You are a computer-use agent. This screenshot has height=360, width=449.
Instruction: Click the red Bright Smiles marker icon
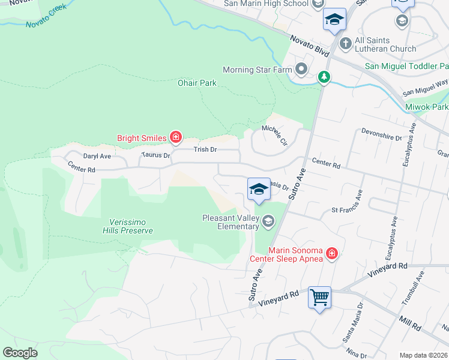coord(175,138)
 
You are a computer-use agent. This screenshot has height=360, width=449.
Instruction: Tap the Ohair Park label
coord(197,83)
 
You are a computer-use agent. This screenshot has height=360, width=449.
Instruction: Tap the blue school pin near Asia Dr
coord(259,189)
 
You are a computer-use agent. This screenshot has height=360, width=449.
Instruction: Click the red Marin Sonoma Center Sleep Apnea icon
coord(331,255)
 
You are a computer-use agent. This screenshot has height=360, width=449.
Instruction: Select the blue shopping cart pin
coord(319,296)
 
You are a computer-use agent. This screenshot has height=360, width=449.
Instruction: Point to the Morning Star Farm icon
coord(301,70)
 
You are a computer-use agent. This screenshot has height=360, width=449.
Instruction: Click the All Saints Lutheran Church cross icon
coord(345,43)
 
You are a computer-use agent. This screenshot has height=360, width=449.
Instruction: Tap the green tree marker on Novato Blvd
coord(324,77)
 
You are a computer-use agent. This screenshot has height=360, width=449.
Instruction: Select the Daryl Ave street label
coord(97,156)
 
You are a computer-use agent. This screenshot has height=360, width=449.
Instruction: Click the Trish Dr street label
coord(205,149)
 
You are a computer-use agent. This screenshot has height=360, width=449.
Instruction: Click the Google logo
coord(20,353)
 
